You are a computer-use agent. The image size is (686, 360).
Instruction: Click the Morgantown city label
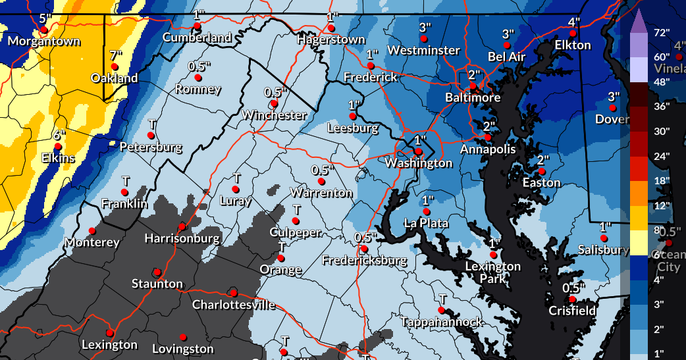click(43, 41)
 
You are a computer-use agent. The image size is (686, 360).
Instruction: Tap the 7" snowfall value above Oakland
click(117, 55)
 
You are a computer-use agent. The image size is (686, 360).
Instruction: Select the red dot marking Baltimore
click(473, 86)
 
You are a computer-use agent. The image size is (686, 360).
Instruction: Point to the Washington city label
click(419, 163)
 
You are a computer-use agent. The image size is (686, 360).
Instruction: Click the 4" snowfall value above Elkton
click(573, 22)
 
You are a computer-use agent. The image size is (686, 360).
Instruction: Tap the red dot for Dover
click(612, 107)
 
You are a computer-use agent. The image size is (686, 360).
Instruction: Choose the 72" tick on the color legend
click(662, 32)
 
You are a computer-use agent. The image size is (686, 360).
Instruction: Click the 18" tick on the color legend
click(662, 180)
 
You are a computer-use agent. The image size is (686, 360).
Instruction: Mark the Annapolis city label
click(488, 149)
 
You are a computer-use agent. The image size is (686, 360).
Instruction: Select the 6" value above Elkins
click(60, 135)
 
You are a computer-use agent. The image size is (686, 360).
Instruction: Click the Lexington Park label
click(493, 272)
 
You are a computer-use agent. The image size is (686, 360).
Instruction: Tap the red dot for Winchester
click(274, 103)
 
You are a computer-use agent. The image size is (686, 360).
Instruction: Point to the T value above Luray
click(237, 178)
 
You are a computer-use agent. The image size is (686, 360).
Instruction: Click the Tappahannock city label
click(442, 322)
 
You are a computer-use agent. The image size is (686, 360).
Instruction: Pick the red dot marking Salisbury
click(604, 238)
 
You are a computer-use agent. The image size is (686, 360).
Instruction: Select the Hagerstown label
click(330, 39)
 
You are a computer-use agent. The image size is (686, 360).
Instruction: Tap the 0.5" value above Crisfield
click(573, 288)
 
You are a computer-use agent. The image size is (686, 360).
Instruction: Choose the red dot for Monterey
click(92, 231)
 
